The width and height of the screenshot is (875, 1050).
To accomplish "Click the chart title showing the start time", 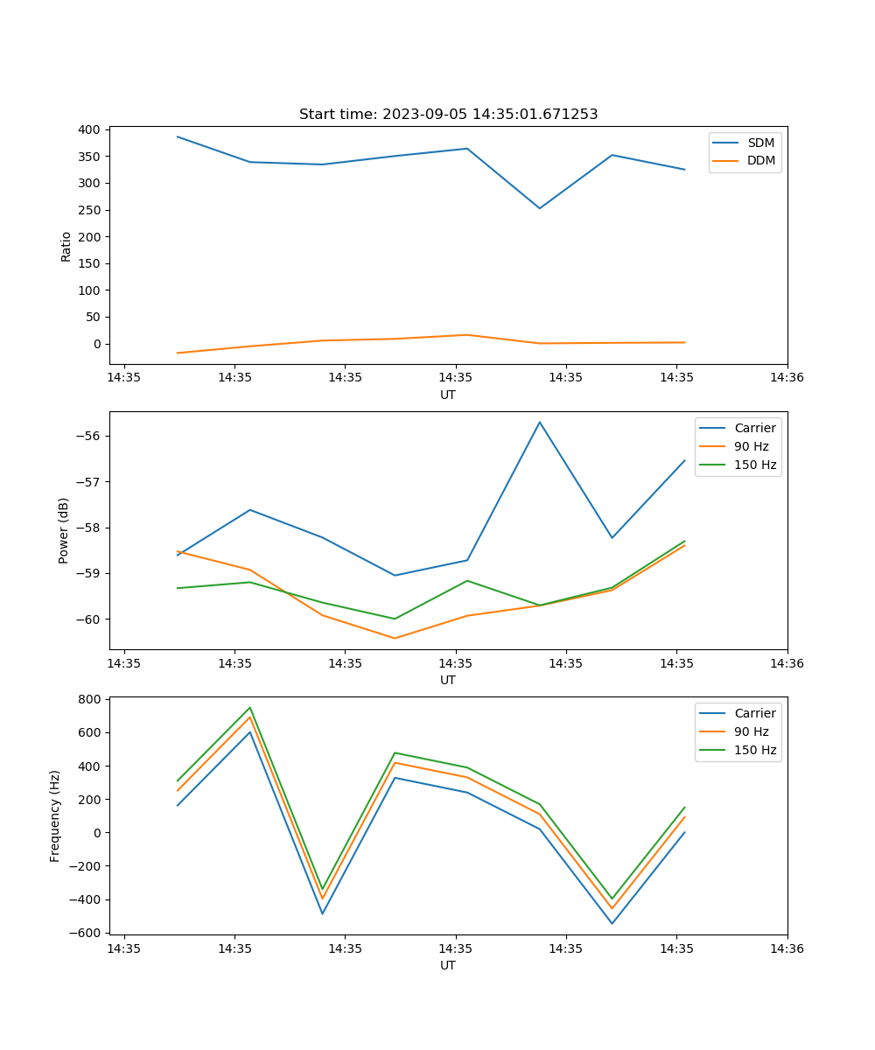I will [448, 115].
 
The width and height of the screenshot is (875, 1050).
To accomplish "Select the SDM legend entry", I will [760, 143].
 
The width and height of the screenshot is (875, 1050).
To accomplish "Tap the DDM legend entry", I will [760, 161].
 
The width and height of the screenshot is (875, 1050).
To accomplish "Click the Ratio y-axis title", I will [66, 246].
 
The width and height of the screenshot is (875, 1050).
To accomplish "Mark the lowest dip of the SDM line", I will [540, 208].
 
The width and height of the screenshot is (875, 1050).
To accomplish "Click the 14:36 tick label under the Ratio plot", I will [787, 378].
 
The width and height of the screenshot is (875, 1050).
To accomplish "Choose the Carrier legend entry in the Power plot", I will [754, 428].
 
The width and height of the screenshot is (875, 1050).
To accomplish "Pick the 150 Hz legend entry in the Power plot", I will [754, 465].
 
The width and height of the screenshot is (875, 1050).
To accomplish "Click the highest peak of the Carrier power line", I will [540, 422].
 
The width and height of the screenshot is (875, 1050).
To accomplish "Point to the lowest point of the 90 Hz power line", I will [395, 638].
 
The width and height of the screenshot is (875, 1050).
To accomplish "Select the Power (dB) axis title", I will [64, 530].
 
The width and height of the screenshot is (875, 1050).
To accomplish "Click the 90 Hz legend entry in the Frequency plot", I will [751, 731].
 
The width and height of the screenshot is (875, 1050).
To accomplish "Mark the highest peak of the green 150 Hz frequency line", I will [250, 707].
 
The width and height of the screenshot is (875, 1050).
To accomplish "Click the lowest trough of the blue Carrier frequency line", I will [612, 923].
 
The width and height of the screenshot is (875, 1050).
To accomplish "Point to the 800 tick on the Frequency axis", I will [89, 699].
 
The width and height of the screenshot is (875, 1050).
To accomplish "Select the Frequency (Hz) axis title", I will [55, 815].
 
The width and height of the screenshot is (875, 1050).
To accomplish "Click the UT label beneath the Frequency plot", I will [448, 965].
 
